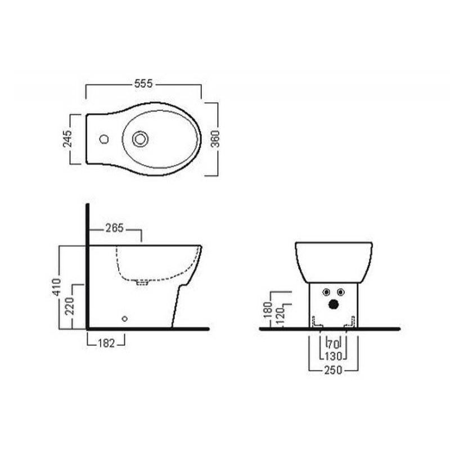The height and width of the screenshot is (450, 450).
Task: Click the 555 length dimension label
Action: pyautogui.click(x=143, y=84)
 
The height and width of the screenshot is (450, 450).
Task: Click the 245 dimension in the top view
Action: pyautogui.click(x=67, y=139)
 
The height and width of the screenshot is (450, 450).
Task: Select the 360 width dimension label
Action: pyautogui.click(x=215, y=139)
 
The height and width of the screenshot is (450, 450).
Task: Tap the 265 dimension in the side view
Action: pyautogui.click(x=115, y=228)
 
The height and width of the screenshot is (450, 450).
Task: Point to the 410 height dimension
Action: pyautogui.click(x=57, y=287)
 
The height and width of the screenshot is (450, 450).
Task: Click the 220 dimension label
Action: pyautogui.click(x=69, y=306)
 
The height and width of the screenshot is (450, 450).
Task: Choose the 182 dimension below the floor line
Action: pyautogui.click(x=106, y=343)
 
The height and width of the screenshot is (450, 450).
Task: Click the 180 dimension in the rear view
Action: pyautogui.click(x=268, y=310)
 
